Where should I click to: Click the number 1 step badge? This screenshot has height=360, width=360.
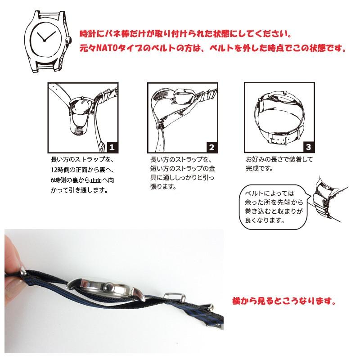(x=112, y=147)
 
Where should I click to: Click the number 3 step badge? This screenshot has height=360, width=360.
(x=308, y=147)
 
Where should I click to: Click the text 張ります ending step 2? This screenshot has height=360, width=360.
(x=162, y=187)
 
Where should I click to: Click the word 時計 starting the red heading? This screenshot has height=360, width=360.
(x=85, y=34)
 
